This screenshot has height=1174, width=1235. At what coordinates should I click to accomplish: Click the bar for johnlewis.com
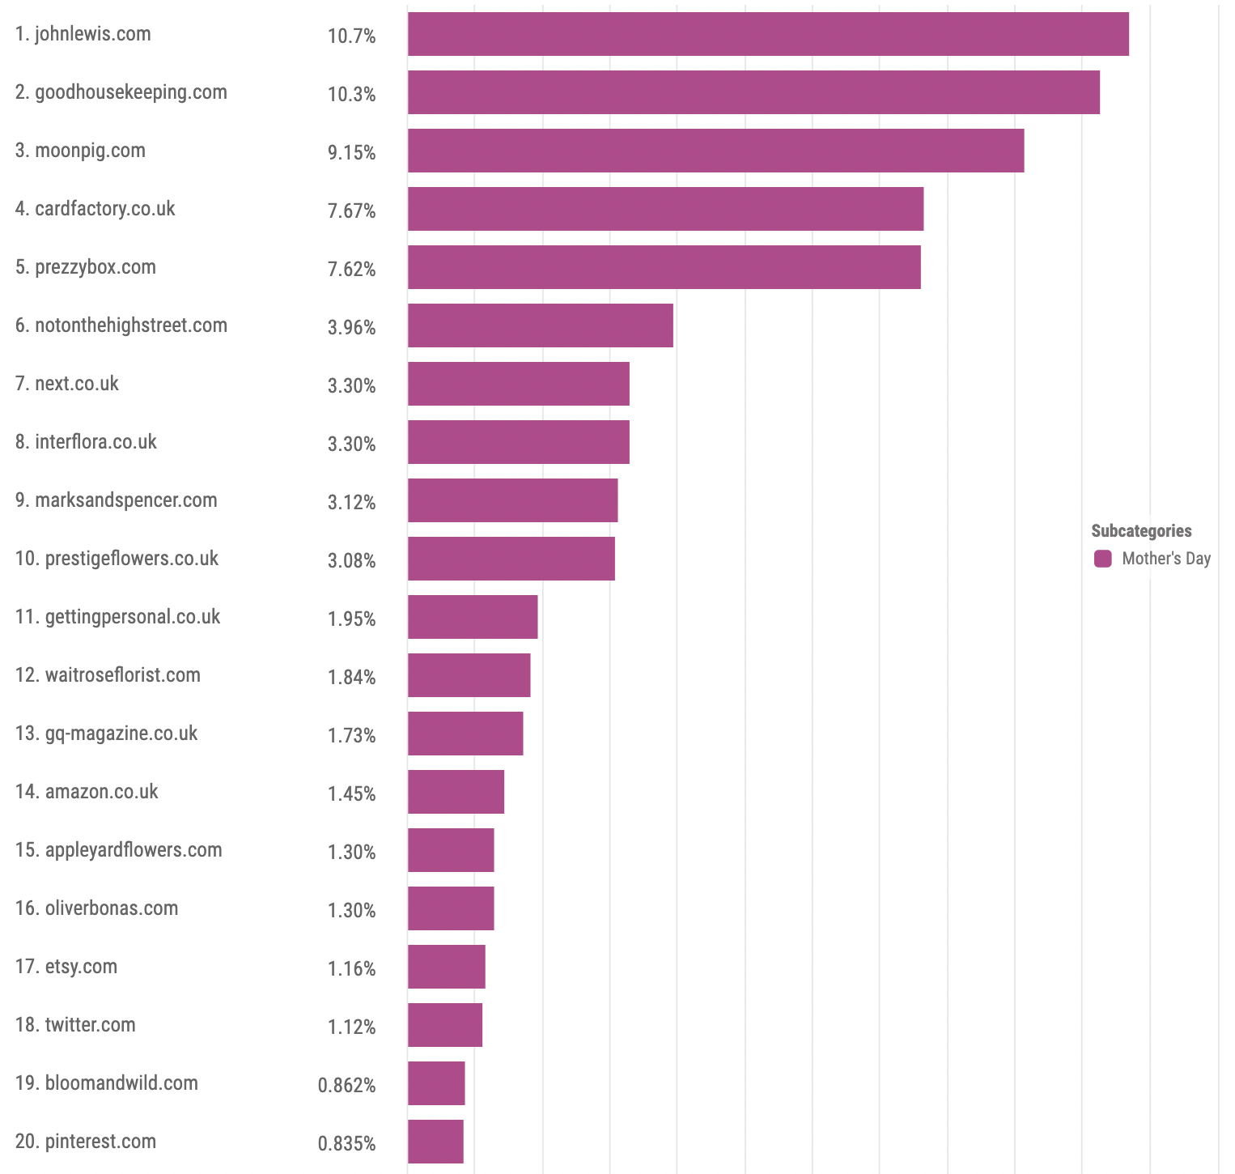pos(767,34)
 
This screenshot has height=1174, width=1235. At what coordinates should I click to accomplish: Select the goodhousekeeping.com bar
pos(753,92)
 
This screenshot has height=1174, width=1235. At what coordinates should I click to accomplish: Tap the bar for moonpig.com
pos(715,151)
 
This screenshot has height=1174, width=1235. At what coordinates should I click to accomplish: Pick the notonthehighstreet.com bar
pos(540,325)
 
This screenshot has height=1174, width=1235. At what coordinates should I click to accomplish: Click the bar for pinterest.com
pos(435,1142)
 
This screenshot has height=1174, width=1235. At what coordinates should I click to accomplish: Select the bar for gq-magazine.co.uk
pos(465,734)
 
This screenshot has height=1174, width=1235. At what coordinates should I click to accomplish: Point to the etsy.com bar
pos(446,967)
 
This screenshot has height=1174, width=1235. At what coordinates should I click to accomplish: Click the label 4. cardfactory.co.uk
pos(95,209)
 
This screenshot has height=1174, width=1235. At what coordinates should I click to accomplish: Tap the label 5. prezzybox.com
pos(85,267)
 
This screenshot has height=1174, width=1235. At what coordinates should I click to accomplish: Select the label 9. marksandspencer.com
pos(116,500)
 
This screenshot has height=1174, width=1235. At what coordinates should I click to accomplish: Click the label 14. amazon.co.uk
pos(87,792)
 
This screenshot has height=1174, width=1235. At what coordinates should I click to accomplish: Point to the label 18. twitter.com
pos(75,1025)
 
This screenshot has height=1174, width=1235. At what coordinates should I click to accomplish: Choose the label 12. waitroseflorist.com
pos(108,675)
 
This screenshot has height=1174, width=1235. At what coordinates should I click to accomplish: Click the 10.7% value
pos(351,36)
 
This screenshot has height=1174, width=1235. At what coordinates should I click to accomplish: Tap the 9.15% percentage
pos(351,152)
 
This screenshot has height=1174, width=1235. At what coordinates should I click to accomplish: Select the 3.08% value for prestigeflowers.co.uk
pos(351,560)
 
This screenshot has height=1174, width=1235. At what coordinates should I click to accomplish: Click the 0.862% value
pos(346,1085)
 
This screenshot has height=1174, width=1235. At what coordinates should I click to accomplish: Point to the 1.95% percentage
pos(351,619)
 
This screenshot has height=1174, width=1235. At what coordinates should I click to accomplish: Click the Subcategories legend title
pos(1141,531)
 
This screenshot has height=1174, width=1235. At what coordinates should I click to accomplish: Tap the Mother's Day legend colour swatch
pos(1102,559)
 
